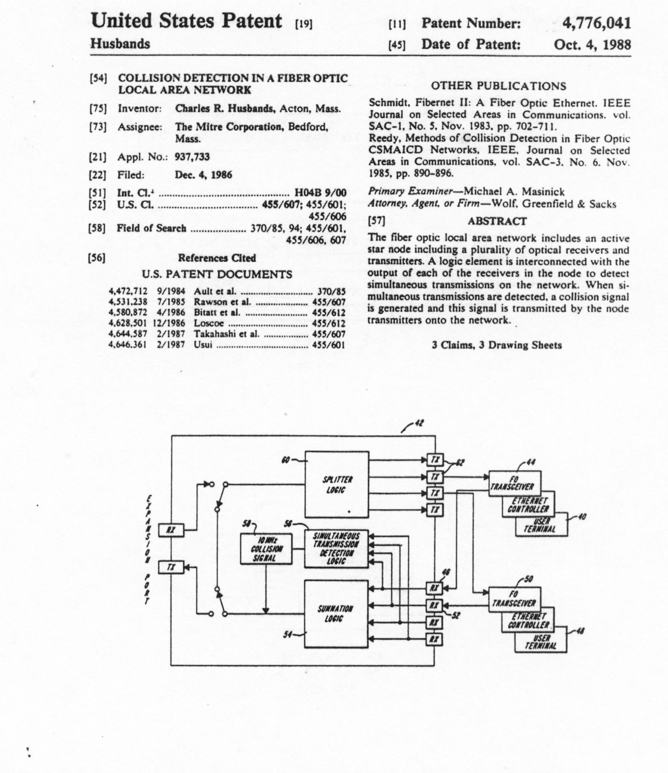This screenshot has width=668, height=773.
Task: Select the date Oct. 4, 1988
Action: tap(592, 45)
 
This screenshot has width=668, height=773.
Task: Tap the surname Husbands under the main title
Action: tap(120, 44)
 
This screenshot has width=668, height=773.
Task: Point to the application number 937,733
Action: tap(192, 157)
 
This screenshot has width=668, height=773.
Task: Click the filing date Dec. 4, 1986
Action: tap(203, 175)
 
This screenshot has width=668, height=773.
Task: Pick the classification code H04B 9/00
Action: tap(320, 193)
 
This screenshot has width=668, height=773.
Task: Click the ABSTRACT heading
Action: tap(497, 221)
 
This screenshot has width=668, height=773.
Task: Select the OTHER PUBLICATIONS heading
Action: tap(499, 86)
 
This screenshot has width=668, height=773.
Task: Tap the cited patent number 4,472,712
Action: tap(128, 292)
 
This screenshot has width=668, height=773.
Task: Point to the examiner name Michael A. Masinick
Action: tap(514, 192)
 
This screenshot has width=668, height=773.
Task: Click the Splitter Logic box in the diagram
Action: tap(337, 485)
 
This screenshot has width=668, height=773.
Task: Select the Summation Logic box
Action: tap(336, 614)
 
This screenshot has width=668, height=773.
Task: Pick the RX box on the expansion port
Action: tap(171, 530)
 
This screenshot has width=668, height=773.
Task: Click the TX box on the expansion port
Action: tap(171, 567)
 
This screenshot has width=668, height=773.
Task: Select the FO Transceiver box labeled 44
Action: tap(515, 483)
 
